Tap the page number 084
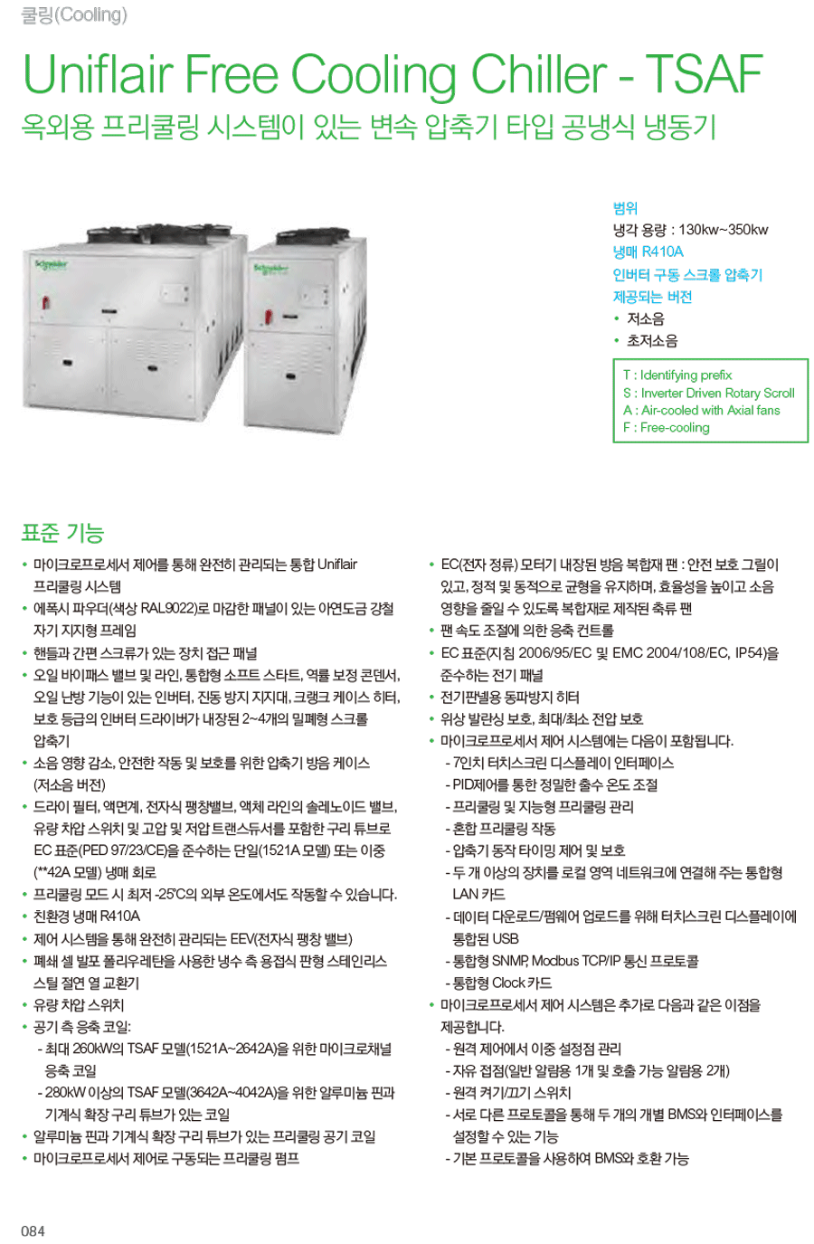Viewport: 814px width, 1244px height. pyautogui.click(x=33, y=1230)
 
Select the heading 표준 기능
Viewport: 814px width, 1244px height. pyautogui.click(x=62, y=533)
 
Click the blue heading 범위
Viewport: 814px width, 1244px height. pyautogui.click(x=625, y=208)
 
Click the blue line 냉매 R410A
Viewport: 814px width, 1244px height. pyautogui.click(x=648, y=252)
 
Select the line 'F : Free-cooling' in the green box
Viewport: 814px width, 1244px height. pyautogui.click(x=667, y=427)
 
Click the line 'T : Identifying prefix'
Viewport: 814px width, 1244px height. pyautogui.click(x=677, y=375)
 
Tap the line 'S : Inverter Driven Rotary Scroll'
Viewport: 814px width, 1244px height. pyautogui.click(x=709, y=394)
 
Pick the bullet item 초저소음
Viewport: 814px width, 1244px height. pyautogui.click(x=652, y=341)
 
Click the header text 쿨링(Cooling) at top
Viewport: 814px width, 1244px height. pyautogui.click(x=74, y=15)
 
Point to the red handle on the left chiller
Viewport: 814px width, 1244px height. pyautogui.click(x=47, y=303)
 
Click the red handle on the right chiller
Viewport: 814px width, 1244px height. pyautogui.click(x=269, y=317)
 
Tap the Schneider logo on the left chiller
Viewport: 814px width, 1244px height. pyautogui.click(x=51, y=264)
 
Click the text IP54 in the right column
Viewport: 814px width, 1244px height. pyautogui.click(x=750, y=653)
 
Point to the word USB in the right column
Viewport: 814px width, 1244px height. pyautogui.click(x=506, y=938)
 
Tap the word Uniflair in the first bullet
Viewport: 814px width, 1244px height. pyautogui.click(x=337, y=565)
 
